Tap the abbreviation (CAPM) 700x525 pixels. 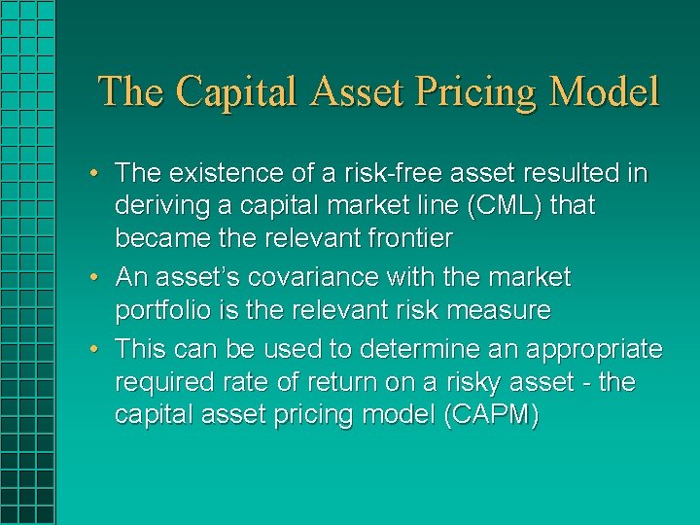(x=490, y=414)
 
